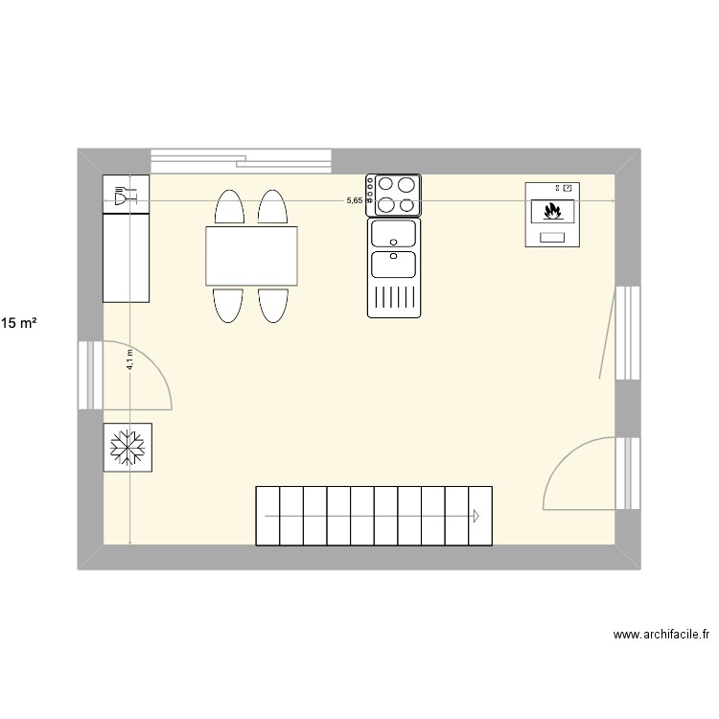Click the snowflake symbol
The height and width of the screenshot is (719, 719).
pyautogui.click(x=127, y=448)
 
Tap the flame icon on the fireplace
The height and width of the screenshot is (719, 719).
pyautogui.click(x=552, y=210)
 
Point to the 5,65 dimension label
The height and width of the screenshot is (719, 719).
pyautogui.click(x=355, y=200)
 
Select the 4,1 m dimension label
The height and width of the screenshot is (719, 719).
pyautogui.click(x=129, y=359)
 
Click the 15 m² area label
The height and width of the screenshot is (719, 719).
pyautogui.click(x=19, y=324)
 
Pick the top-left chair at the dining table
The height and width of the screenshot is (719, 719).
pyautogui.click(x=228, y=207)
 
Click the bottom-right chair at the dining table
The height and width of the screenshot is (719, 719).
pyautogui.click(x=272, y=305)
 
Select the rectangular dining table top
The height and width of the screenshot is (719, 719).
pyautogui.click(x=250, y=256)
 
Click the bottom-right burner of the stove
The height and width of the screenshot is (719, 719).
pyautogui.click(x=406, y=203)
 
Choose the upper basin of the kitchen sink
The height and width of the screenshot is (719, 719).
pyautogui.click(x=393, y=233)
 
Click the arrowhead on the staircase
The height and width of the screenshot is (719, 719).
pyautogui.click(x=475, y=516)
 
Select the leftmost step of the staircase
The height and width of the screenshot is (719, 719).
pyautogui.click(x=267, y=516)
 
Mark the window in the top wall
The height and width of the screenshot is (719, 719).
pyautogui.click(x=241, y=160)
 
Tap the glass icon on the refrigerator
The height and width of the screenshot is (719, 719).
pyautogui.click(x=119, y=197)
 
